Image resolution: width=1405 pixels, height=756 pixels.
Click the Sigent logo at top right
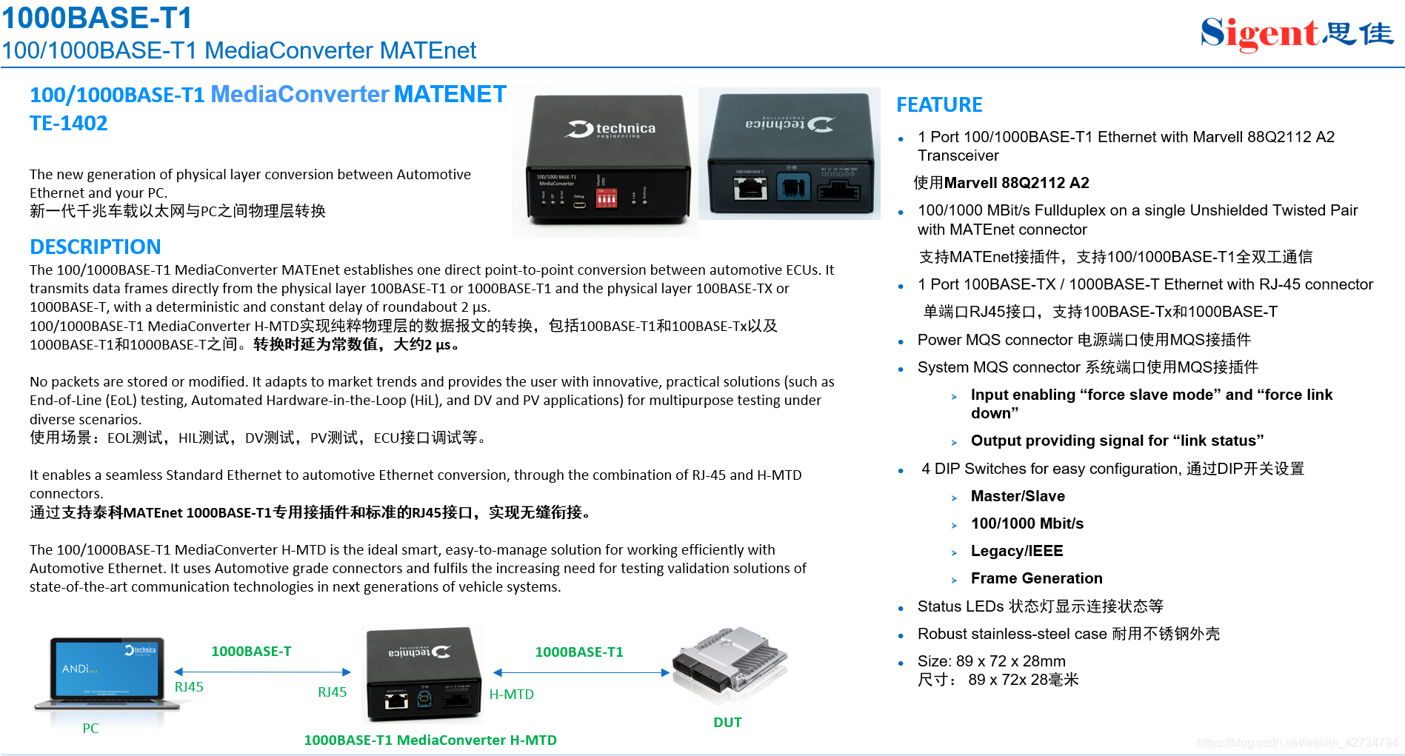tap(1296, 34)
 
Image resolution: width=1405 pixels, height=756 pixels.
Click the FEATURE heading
tap(939, 105)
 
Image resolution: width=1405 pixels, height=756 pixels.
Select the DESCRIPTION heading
tap(95, 247)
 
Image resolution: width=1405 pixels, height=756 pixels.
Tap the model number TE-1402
tap(68, 123)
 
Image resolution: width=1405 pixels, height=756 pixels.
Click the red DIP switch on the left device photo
tap(606, 198)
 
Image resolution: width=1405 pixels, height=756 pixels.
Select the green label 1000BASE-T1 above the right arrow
tap(578, 652)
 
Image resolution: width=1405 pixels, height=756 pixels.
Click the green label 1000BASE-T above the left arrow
tap(251, 651)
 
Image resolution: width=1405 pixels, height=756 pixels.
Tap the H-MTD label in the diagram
tap(511, 694)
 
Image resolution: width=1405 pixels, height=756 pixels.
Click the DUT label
tap(727, 722)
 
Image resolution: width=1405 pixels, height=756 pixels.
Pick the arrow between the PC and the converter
tap(262, 672)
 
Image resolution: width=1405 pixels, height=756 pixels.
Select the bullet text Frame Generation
tap(1036, 578)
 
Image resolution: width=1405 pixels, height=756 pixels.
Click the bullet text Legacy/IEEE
tap(1016, 551)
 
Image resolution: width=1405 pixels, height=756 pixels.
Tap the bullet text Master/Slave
tap(1017, 496)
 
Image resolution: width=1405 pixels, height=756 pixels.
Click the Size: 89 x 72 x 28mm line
tap(991, 661)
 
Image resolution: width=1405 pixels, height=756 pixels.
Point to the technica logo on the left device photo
tap(612, 129)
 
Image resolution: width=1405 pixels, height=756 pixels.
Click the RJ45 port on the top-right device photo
tap(750, 187)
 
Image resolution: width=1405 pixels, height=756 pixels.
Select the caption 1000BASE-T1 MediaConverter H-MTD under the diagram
tap(430, 740)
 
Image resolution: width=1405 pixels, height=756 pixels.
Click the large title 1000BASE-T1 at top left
tap(97, 18)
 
